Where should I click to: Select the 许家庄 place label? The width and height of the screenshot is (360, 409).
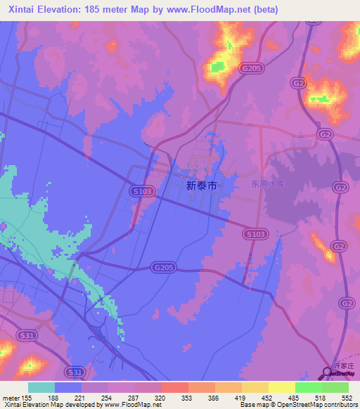pos(340,366)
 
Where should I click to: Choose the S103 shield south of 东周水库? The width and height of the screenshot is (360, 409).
pos(255,233)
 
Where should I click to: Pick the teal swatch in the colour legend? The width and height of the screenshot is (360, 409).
pos(41,387)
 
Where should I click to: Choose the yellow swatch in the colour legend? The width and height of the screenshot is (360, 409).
pos(282,387)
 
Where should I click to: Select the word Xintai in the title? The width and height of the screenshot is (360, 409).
pos(23,10)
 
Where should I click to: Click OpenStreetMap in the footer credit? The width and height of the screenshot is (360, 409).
pos(294,405)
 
